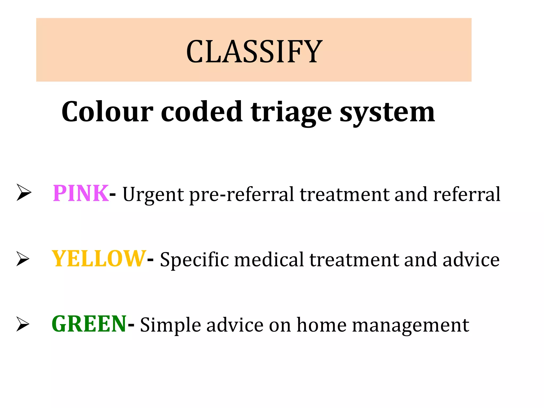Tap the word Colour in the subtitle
coord(107,112)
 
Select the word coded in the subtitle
coord(202,112)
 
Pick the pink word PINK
coord(81,193)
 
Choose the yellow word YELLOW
coord(99,259)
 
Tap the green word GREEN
coord(89,324)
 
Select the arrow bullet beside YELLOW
coord(23,258)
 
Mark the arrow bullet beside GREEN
coord(23,324)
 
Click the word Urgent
coord(153,195)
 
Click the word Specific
coord(194,260)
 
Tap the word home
coord(321,325)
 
